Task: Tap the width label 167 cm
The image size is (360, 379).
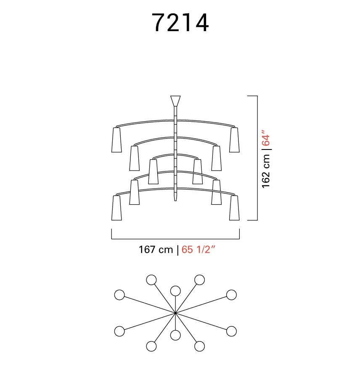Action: tap(156, 249)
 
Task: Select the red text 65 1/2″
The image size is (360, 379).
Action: tap(198, 249)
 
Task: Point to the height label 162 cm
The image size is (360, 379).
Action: tap(266, 171)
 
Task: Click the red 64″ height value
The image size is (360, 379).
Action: tap(266, 138)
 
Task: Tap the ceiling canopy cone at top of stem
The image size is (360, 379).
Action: tap(175, 101)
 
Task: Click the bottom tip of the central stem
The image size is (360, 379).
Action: tap(175, 200)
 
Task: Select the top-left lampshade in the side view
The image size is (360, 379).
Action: tap(116, 140)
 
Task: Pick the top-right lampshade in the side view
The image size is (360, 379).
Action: tap(234, 140)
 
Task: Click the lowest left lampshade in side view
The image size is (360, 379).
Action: tap(116, 208)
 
